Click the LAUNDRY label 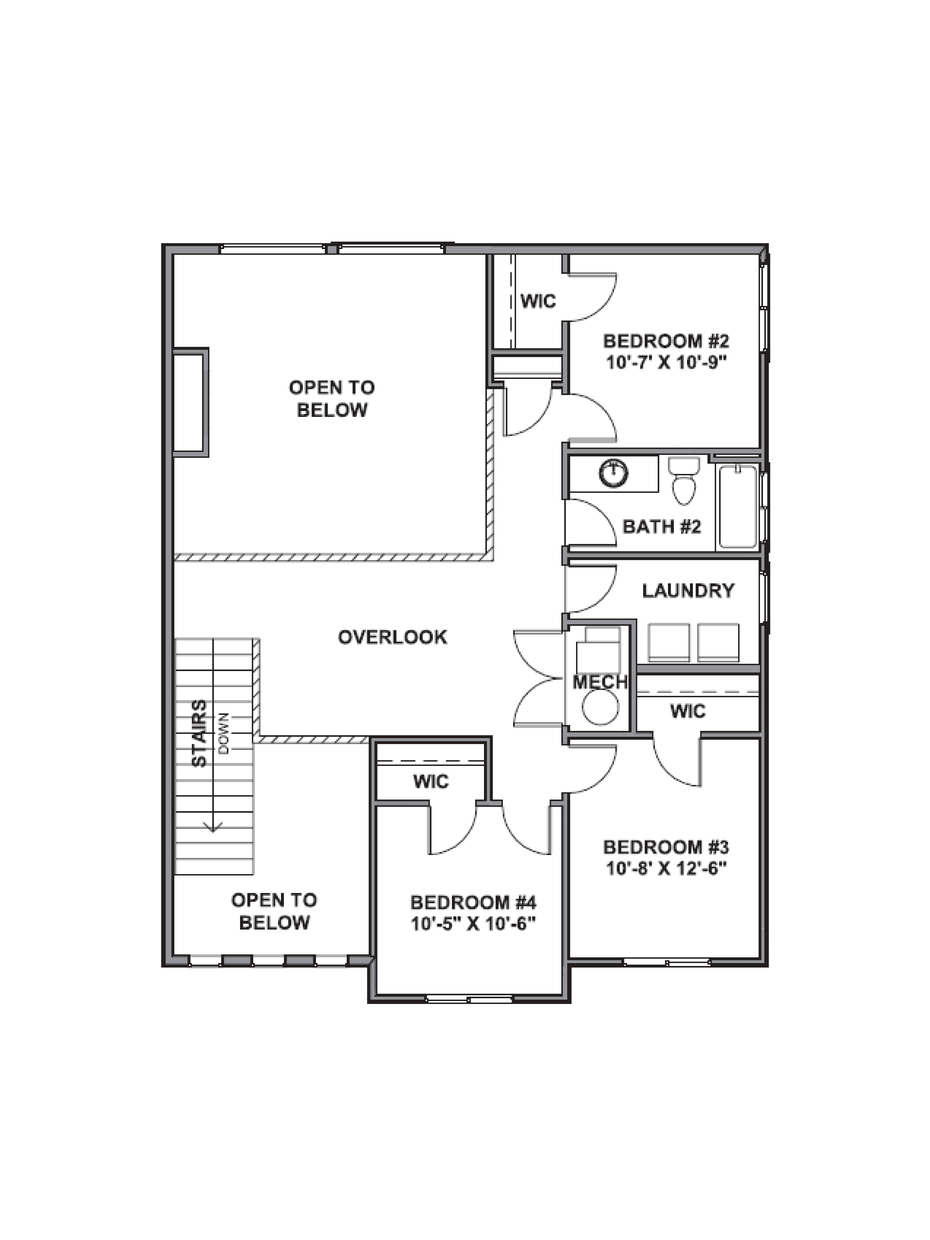(688, 591)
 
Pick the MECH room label (599, 682)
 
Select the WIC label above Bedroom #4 (431, 781)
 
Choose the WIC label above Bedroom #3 (688, 711)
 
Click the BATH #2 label (661, 527)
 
